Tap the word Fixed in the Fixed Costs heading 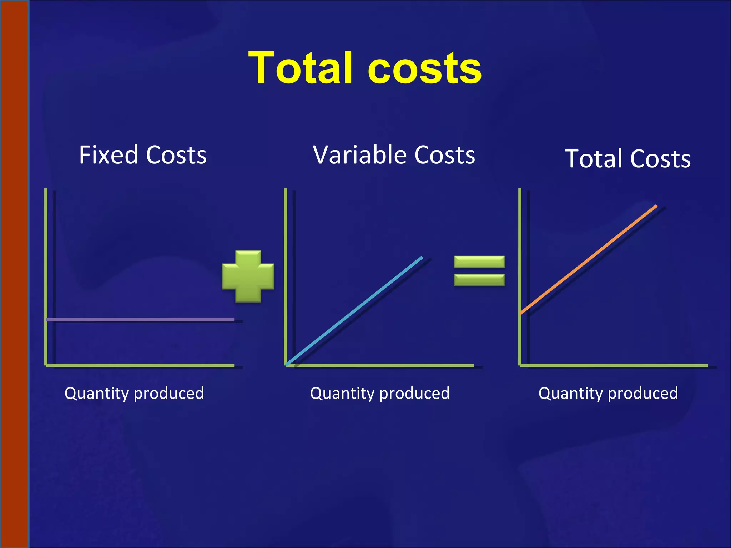pos(109,155)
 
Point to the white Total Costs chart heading pos(627,159)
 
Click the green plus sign pos(248,276)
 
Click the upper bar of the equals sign pos(479,262)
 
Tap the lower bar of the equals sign pos(479,280)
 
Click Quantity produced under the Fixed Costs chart pos(134,393)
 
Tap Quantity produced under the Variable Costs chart pos(380,393)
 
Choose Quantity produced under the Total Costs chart pos(608,393)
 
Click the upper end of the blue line pos(422,258)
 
